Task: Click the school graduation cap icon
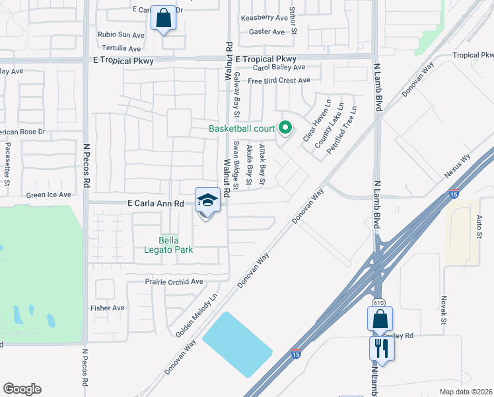pos(207,200)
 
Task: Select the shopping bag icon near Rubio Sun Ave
pos(163,18)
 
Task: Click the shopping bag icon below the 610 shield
pos(380,319)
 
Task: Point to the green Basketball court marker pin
pos(285,128)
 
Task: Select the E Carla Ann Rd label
pos(151,204)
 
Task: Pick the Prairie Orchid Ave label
pos(174,282)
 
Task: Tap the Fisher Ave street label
pos(108,308)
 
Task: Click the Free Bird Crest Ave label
pos(279,81)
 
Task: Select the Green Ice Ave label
pos(48,195)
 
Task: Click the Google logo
pos(22,389)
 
